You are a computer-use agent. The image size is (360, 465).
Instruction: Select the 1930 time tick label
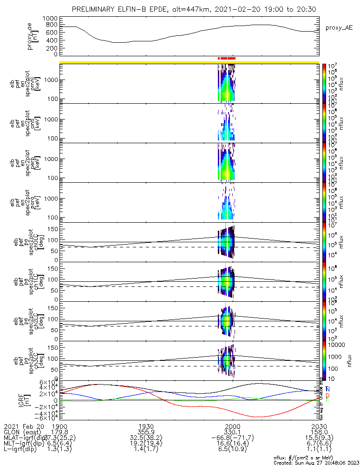[x=146, y=426]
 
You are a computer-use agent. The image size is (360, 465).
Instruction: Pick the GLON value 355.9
[x=146, y=432]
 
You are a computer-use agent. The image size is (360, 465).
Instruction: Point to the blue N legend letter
[x=327, y=389]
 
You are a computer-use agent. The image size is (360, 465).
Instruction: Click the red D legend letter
[x=327, y=395]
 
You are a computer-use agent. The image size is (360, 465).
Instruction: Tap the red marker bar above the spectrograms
[x=228, y=58]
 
